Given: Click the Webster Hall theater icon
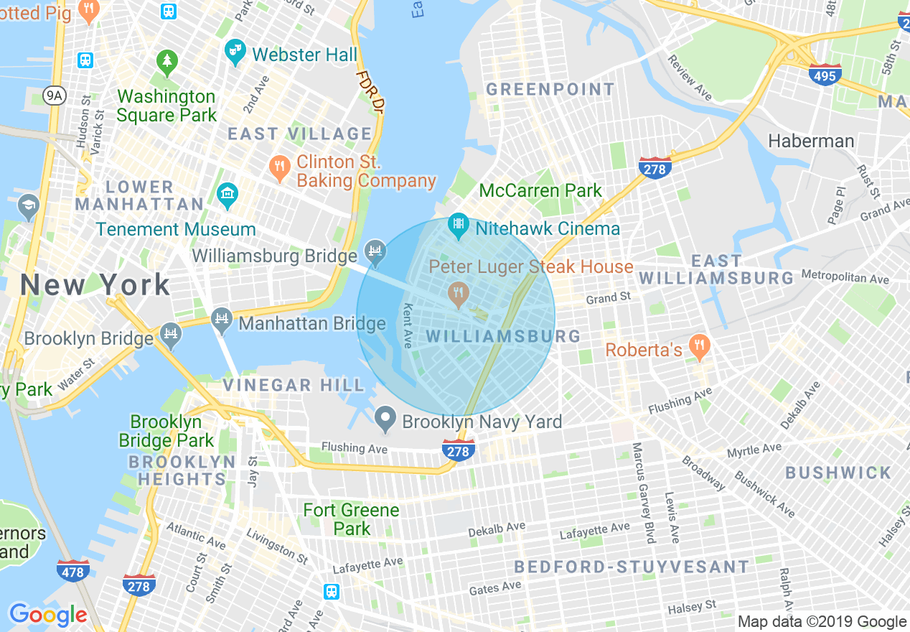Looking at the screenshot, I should tap(235, 52).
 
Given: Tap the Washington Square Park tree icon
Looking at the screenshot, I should tap(167, 62).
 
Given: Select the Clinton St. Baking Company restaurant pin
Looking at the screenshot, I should tap(279, 168).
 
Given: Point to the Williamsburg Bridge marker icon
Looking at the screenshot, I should tap(374, 251).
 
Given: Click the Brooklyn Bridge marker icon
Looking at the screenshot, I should tap(171, 335).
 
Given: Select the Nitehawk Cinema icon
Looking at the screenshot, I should tap(458, 226).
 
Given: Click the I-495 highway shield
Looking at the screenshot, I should tap(825, 74).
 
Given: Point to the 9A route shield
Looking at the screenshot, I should tap(54, 94).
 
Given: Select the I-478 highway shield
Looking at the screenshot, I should tap(73, 571).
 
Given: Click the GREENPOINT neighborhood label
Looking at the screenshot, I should tap(550, 90).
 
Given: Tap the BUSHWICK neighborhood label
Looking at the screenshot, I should tap(838, 473).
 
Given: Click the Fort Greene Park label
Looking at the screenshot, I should tap(351, 519).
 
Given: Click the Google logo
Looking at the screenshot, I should tap(47, 615).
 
